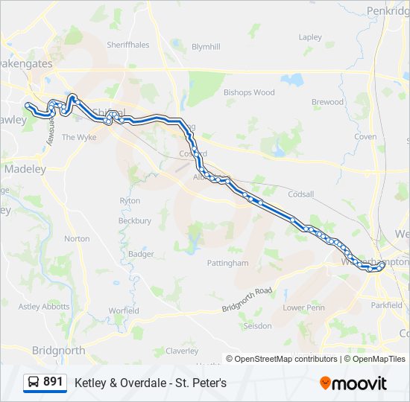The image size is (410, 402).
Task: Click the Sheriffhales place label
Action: (127, 45)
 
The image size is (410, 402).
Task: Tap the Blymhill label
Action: (206, 46)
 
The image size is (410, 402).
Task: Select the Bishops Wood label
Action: (249, 93)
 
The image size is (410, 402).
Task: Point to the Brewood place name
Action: (327, 102)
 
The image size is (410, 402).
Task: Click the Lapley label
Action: (310, 37)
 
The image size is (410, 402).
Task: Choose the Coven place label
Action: (365, 137)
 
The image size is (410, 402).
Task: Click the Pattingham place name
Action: (228, 263)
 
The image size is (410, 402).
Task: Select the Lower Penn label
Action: (304, 307)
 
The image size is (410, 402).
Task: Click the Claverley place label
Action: (182, 351)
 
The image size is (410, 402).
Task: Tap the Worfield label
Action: (124, 310)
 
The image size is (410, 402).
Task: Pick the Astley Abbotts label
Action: (43, 306)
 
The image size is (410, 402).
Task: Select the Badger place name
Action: (141, 254)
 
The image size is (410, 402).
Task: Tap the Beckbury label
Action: (135, 221)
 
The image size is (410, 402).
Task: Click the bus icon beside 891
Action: (34, 383)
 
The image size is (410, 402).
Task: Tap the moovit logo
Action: (353, 383)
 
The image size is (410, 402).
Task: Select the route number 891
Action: (53, 382)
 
